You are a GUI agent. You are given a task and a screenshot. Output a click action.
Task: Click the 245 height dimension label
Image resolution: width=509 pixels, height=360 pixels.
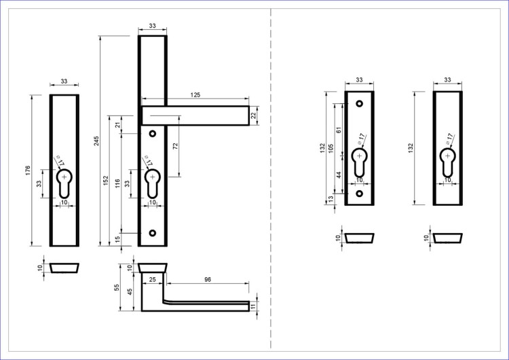pos(97,141)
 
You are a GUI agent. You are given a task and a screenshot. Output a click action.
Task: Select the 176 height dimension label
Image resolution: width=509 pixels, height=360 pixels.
pos(28,170)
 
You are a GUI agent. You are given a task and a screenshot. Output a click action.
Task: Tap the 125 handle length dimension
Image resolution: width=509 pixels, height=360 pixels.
pos(195,95)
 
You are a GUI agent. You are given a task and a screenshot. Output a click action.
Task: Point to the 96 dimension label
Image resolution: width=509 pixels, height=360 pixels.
pos(208,279)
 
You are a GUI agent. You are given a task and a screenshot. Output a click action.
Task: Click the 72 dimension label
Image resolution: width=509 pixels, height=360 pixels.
pos(176,146)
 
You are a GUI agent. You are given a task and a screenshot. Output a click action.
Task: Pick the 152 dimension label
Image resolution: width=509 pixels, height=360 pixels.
pos(106,181)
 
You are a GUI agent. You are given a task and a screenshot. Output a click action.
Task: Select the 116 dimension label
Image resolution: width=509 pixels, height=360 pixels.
pos(117,183)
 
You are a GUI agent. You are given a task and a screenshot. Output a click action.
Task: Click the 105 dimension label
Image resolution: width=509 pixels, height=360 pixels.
pos(331,149)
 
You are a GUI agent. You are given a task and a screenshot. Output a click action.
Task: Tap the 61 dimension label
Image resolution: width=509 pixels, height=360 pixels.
pos(339,130)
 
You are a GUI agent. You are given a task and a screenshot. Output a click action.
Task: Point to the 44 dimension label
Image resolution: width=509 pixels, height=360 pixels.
pos(339,175)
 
